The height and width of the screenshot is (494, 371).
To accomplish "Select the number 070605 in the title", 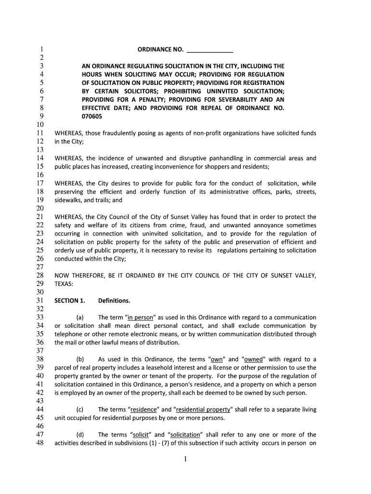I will click(x=92, y=116).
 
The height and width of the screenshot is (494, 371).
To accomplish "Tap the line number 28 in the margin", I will click(x=40, y=275).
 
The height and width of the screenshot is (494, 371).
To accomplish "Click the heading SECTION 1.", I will click(x=70, y=301).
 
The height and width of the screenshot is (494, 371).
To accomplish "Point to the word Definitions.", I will click(x=114, y=301).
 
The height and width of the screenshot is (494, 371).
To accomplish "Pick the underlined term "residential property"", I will click(x=202, y=410).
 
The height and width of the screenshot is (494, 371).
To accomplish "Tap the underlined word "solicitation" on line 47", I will click(x=185, y=435).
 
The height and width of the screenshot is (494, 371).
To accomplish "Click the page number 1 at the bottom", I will click(x=185, y=460).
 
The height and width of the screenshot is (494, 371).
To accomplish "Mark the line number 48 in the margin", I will click(x=40, y=443).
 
